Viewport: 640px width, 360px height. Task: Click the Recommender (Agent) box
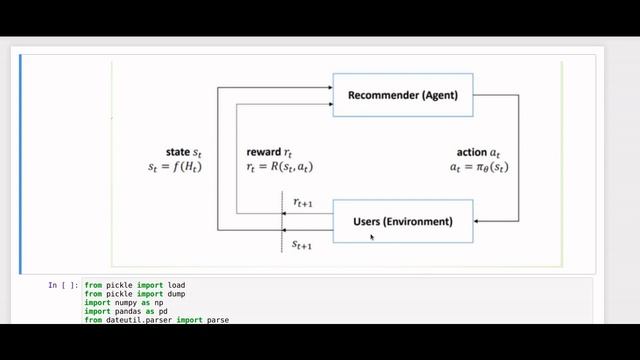[403, 95]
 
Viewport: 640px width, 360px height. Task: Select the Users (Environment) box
[403, 220]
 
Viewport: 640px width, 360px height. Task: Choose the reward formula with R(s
[286, 168]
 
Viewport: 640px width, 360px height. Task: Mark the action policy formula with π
[480, 168]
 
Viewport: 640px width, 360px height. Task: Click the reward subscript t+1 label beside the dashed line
[302, 203]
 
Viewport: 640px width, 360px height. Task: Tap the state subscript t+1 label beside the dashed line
[302, 243]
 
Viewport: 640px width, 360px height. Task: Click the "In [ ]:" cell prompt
[63, 285]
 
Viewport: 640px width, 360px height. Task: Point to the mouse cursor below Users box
[372, 238]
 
